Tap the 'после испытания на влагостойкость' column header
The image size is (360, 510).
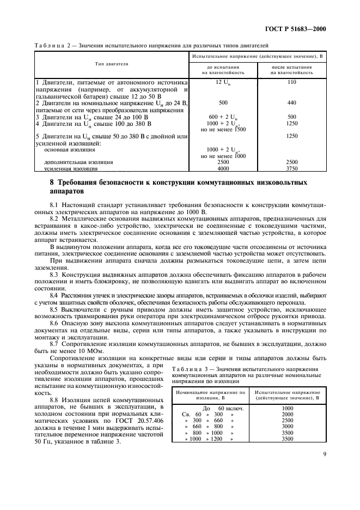point(291,69)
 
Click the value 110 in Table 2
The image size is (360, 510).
point(291,81)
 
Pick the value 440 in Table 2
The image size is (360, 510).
point(291,102)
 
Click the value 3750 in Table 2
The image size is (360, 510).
point(291,169)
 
